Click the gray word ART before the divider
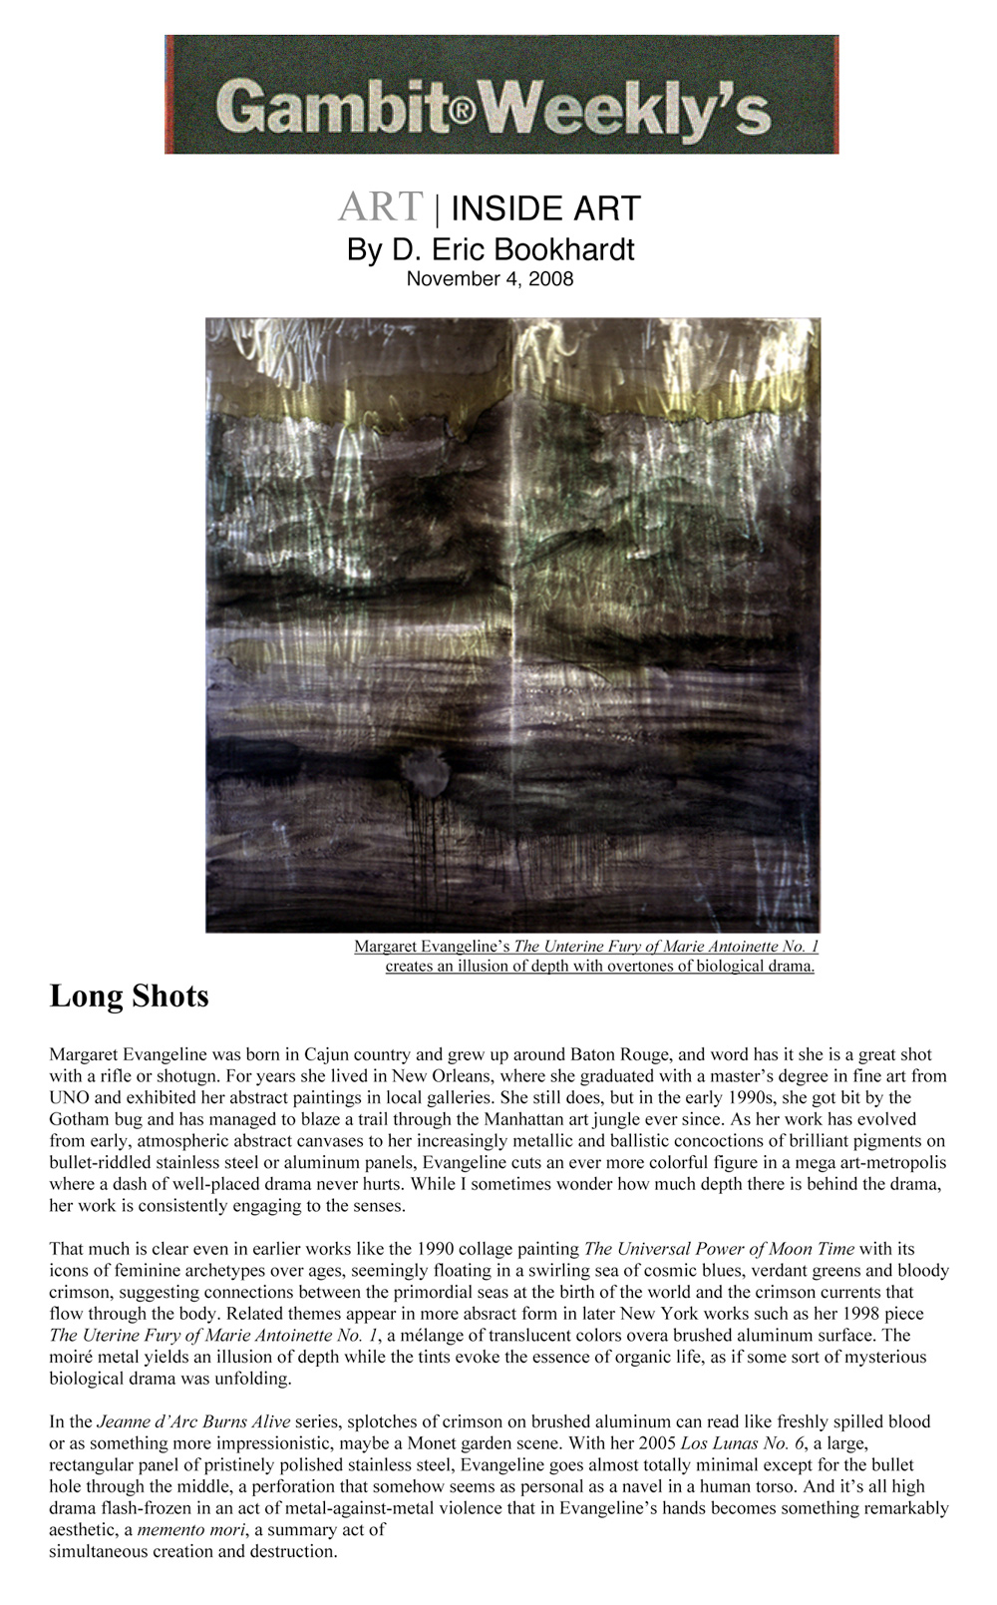coord(381,206)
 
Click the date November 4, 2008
coord(490,279)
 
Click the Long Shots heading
coord(130,996)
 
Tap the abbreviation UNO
coord(70,1097)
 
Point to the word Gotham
coord(80,1119)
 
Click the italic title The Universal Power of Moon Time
coord(719,1249)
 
